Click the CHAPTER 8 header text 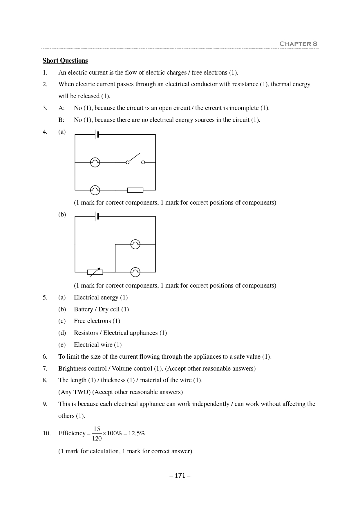pos(298,44)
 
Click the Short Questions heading pos(65,61)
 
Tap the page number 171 pos(180,476)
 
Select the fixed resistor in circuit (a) pos(135,190)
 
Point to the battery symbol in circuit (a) pos(97,135)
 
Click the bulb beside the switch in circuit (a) pos(95,163)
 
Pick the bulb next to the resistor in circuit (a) pos(95,190)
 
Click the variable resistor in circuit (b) pos(95,272)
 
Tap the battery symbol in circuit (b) pos(97,216)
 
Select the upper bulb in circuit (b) pos(135,244)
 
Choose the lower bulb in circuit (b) pos(135,272)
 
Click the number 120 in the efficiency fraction pos(97,439)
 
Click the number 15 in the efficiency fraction pos(97,429)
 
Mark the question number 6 pos(45,357)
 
